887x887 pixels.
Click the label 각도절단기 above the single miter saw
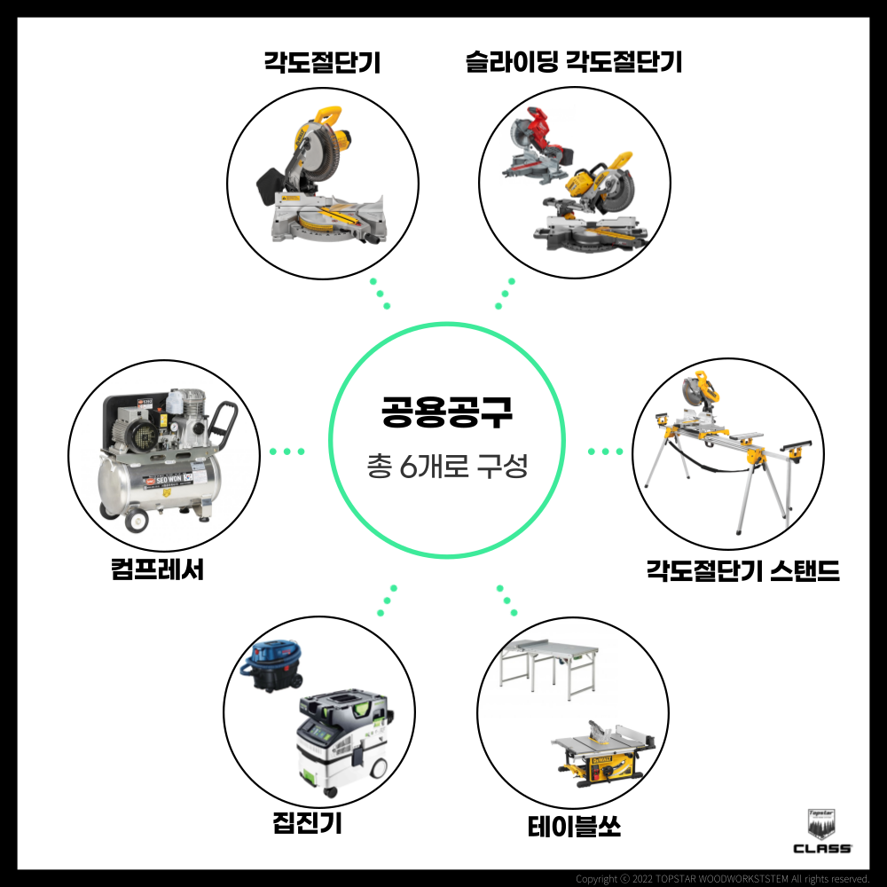point(322,62)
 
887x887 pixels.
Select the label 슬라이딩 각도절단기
point(574,62)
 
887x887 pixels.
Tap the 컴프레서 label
point(157,569)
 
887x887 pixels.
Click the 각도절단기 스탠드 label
point(742,570)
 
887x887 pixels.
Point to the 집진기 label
point(307,822)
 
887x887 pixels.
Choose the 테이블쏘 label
point(574,827)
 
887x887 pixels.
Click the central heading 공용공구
point(447,412)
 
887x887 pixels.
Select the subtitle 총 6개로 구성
point(447,467)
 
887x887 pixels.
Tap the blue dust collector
point(271,666)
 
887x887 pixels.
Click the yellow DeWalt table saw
point(603,754)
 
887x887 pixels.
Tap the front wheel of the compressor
point(137,520)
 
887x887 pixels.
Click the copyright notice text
point(722,879)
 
